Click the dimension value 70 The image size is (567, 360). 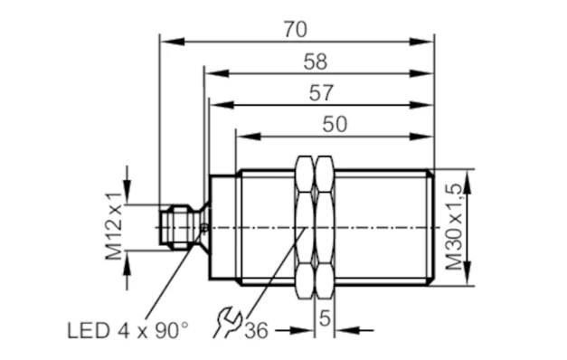[x=296, y=29]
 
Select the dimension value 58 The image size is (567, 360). [x=316, y=62]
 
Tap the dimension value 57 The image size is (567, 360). [x=321, y=93]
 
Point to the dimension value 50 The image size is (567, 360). [x=335, y=124]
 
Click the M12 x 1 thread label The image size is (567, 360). [x=114, y=226]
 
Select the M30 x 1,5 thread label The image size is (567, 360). [x=454, y=227]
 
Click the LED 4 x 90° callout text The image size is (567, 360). [x=128, y=331]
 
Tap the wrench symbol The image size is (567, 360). [x=228, y=322]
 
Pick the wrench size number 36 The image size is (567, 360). [x=257, y=331]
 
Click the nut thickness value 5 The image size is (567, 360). [x=325, y=318]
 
